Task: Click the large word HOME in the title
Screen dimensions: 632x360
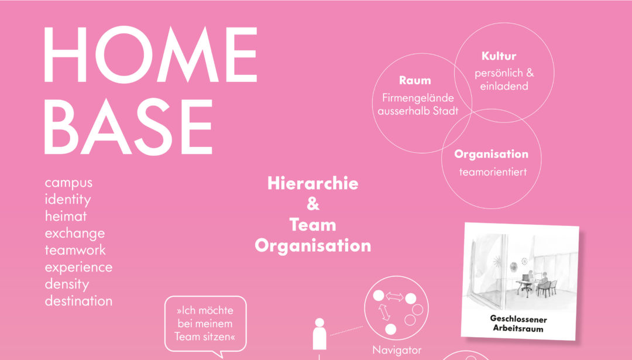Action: [x=150, y=54]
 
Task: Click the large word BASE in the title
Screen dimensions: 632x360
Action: [x=128, y=126]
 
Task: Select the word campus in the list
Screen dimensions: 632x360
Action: [x=68, y=183]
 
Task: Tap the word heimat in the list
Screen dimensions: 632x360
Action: [x=66, y=216]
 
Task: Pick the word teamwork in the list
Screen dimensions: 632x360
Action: [x=75, y=250]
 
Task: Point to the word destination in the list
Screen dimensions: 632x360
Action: [x=78, y=301]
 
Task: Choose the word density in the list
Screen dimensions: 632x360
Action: [x=67, y=284]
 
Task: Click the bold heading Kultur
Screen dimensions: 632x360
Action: [x=499, y=56]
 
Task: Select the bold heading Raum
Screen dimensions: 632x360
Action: [x=415, y=80]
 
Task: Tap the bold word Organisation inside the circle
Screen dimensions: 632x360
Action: [x=491, y=154]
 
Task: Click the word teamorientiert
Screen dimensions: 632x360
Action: [x=493, y=172]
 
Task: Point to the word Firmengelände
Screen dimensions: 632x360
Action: [x=418, y=98]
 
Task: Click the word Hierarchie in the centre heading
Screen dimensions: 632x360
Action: [x=312, y=183]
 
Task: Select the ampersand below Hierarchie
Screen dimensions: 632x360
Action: [x=312, y=204]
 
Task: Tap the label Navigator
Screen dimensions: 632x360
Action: [x=397, y=350]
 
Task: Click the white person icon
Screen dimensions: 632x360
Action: [x=320, y=334]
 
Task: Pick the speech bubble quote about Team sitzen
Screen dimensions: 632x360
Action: [x=205, y=324]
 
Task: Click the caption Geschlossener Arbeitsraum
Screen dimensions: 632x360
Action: [x=518, y=324]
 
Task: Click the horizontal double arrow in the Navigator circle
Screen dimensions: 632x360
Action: [x=394, y=297]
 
